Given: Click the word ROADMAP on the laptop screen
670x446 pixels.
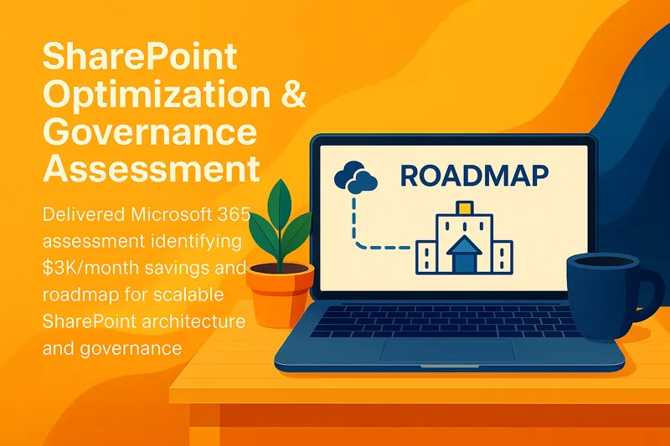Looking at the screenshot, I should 474,176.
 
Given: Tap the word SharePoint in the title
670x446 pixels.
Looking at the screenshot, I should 140,59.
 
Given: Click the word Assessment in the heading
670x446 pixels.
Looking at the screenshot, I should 151,168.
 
